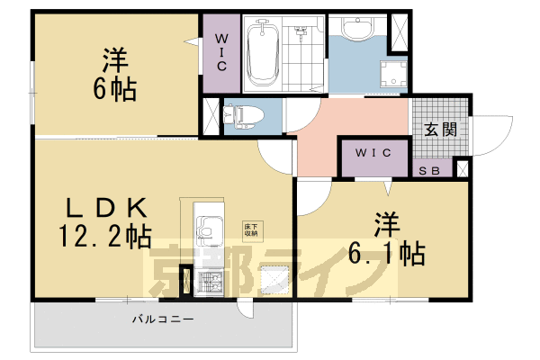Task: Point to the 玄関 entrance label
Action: click(442, 129)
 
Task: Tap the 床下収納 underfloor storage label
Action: click(249, 229)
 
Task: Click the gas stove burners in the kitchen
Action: click(207, 282)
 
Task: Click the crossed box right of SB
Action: click(462, 167)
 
